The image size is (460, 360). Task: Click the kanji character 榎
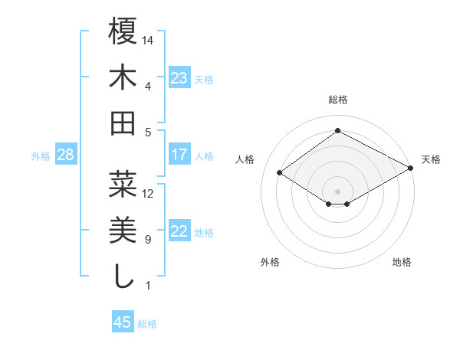coord(123,33)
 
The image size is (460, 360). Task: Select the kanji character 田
coord(123,123)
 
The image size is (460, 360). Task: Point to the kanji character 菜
coord(123,185)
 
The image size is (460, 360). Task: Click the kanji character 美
coord(123,231)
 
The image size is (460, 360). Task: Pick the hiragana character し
coord(123,276)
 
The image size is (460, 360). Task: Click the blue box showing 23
coord(179,78)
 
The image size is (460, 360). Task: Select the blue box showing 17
coord(179,155)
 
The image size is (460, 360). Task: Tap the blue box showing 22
coord(179,231)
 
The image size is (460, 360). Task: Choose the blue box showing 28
coord(66,155)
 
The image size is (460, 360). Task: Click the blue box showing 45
coord(123,322)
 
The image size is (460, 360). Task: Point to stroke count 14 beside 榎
coord(149,40)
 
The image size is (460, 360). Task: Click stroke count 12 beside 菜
coord(148,194)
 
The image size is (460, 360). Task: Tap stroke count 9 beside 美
coord(148,240)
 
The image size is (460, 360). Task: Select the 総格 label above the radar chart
coord(338,100)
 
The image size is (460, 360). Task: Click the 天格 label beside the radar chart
coord(431,159)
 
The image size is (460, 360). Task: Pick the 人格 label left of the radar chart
coord(245,159)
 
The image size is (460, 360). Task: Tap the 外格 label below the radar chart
coord(270,262)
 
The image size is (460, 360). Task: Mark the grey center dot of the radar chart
coord(338,190)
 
